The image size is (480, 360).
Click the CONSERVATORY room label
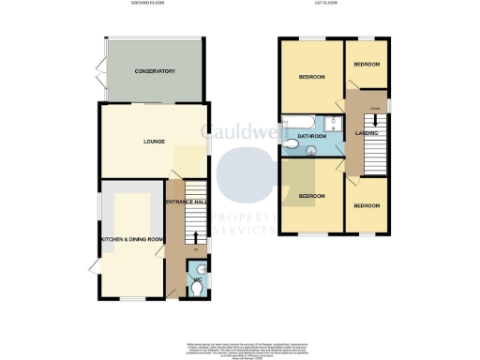(155, 71)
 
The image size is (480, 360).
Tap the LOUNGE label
(155, 142)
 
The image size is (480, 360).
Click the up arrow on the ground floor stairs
(195, 237)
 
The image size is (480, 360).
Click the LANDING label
(368, 134)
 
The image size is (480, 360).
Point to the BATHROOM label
(312, 138)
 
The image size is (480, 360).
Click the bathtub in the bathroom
(303, 123)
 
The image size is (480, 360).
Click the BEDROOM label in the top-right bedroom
(367, 64)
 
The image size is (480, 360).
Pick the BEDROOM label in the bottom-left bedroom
(311, 196)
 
